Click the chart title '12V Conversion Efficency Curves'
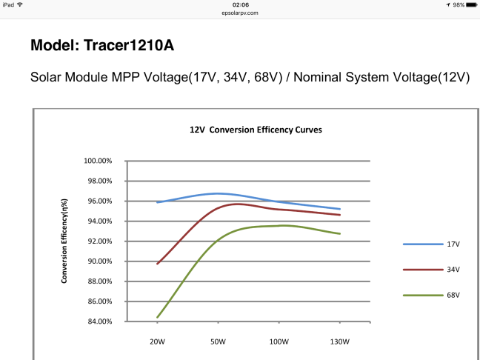256,129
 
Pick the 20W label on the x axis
157,342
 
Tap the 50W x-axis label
218,342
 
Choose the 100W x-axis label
279,342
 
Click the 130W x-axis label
339,342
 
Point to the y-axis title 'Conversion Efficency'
64,241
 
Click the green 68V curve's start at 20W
158,317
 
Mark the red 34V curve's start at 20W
158,263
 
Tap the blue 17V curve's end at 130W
339,209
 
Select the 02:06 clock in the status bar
239,4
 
